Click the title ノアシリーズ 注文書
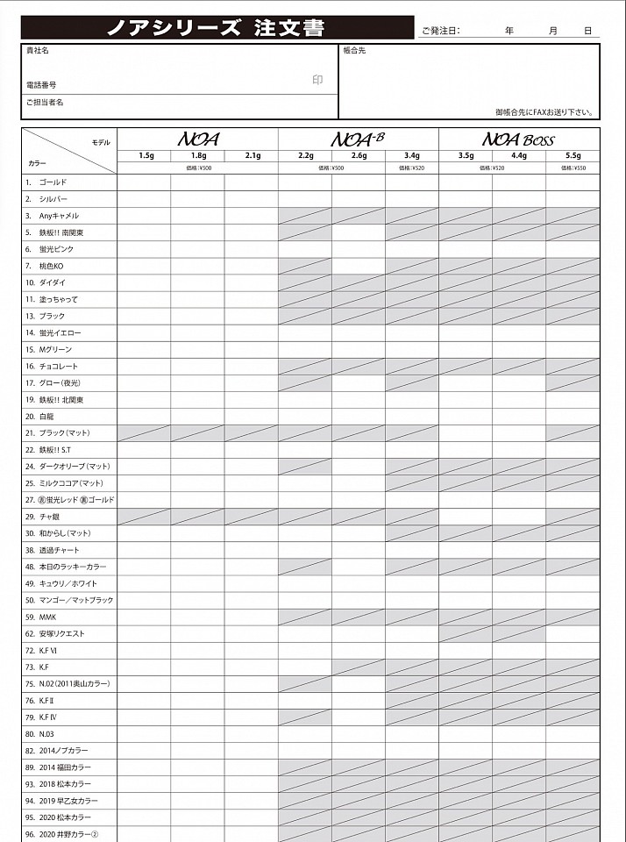coord(216,28)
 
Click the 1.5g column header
coord(146,156)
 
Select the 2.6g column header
coord(359,156)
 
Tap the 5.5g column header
coord(573,156)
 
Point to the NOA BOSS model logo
coord(518,139)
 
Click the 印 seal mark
coord(317,80)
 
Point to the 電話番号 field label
coord(41,85)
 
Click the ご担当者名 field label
coord(45,103)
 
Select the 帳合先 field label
coord(354,51)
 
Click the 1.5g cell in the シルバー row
coord(144,199)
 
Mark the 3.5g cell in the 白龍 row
coord(466,417)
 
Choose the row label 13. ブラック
coord(51,316)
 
